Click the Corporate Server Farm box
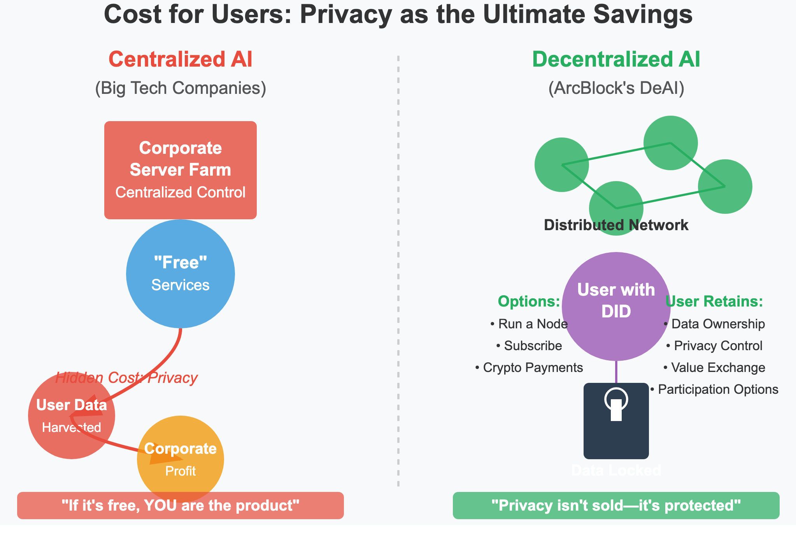pyautogui.click(x=180, y=170)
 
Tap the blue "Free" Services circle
pyautogui.click(x=180, y=273)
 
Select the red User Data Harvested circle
pyautogui.click(x=71, y=416)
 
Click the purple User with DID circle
pyautogui.click(x=616, y=306)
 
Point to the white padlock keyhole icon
pyautogui.click(x=616, y=405)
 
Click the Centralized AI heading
pyautogui.click(x=180, y=60)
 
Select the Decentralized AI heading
pyautogui.click(x=616, y=60)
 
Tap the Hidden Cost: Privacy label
pyautogui.click(x=126, y=378)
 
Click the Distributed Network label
pyautogui.click(x=616, y=225)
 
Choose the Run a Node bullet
pyautogui.click(x=529, y=324)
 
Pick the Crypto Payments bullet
pyautogui.click(x=529, y=368)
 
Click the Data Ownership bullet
pyautogui.click(x=714, y=324)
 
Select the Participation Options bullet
pyautogui.click(x=714, y=389)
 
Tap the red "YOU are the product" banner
pyautogui.click(x=180, y=506)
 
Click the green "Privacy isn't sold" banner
pyautogui.click(x=616, y=506)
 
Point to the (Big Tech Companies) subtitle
pyautogui.click(x=180, y=88)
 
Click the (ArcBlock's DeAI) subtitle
pyautogui.click(x=616, y=88)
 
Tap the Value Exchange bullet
pyautogui.click(x=714, y=368)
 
